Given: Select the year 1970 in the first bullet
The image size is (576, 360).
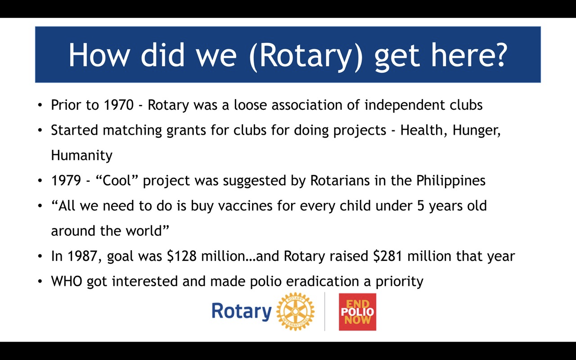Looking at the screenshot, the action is point(118,105).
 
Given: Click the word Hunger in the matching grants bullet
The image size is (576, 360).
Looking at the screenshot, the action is point(477,130).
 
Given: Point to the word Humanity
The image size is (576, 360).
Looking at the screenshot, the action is point(82,156).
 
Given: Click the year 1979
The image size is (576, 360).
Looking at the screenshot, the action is point(66,180).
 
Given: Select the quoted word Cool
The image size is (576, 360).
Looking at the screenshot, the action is point(117,180).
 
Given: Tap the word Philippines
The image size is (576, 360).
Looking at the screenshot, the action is point(451,181).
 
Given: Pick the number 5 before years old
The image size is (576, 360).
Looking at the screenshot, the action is point(421,206).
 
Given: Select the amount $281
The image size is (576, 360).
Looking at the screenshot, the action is point(388,256).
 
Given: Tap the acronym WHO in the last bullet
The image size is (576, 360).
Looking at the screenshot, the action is point(67,281).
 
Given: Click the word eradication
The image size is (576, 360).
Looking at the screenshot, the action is point(323,281).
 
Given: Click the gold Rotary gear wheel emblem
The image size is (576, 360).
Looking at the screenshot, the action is point(295,311).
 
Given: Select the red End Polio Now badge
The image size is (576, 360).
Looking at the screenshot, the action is point(357,312).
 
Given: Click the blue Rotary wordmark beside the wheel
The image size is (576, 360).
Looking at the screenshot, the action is point(242,312).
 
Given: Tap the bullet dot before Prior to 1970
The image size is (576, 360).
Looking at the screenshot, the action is point(40,105).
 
